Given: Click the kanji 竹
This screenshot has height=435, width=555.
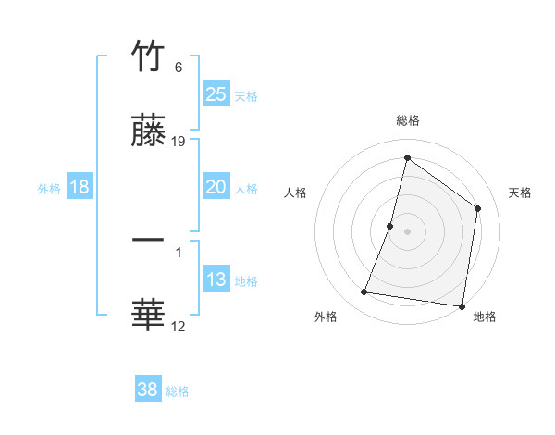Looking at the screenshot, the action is coord(148,56).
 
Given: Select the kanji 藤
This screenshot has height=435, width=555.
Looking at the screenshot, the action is coord(148,130).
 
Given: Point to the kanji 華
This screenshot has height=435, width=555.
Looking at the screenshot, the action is coord(148,316).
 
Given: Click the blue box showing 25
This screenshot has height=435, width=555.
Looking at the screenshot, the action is coord(216,94).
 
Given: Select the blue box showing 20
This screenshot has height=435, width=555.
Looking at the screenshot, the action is coord(216,187).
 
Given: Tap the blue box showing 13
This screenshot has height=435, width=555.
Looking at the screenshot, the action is coord(216,280).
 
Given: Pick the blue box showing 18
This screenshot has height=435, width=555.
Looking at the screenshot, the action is coord(80,187).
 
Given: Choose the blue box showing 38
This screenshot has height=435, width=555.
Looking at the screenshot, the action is coord(148,390).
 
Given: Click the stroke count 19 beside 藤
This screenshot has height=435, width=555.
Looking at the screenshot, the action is coord(179,141).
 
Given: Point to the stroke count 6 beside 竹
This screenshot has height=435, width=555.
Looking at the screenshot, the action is coord(179,67).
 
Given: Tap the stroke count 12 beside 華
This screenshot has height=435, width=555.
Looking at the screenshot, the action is coord(179,326).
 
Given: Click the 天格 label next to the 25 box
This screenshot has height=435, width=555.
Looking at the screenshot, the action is coord(246,96).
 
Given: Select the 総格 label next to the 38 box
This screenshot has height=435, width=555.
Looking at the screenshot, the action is coord(178,391).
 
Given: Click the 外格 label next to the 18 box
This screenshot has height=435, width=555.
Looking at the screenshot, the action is coord(49,189).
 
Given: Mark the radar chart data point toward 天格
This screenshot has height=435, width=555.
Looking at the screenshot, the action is coord(478,208).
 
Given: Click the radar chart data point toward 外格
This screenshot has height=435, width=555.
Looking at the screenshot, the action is coord(364,292).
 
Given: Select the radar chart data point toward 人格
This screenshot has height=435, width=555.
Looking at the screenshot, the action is coord(390,225).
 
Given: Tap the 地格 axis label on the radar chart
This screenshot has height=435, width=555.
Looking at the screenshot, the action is coord(485,317).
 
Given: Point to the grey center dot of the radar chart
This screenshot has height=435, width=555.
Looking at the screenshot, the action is coord(408,230).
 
